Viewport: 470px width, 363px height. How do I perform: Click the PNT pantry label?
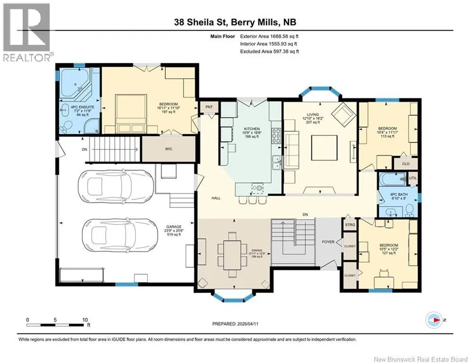pyautogui.click(x=209, y=107)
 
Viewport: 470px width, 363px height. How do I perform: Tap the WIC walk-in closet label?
pyautogui.click(x=169, y=149)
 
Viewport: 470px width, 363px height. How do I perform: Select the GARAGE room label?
pyautogui.click(x=174, y=227)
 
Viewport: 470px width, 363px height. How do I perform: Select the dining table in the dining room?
pyautogui.click(x=232, y=255)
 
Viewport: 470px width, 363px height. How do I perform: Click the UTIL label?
pyautogui.click(x=413, y=178)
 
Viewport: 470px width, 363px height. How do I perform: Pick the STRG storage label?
pyautogui.click(x=350, y=225)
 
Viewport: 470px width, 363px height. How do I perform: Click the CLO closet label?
pyautogui.click(x=406, y=164)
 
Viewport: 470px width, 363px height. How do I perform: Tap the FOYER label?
pyautogui.click(x=328, y=242)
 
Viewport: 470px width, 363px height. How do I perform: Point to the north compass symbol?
pyautogui.click(x=434, y=320)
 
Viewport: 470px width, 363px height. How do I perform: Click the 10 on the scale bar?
pyautogui.click(x=85, y=320)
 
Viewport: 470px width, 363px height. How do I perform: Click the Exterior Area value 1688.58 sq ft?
pyautogui.click(x=284, y=36)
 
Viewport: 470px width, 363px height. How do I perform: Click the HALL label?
pyautogui.click(x=216, y=198)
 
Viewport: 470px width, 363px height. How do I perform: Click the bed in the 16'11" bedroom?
pyautogui.click(x=131, y=113)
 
